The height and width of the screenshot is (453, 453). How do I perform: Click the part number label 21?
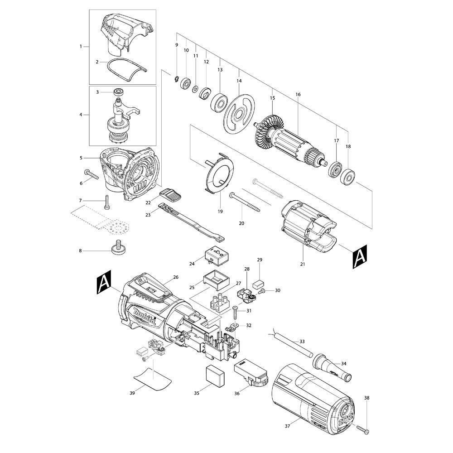303,264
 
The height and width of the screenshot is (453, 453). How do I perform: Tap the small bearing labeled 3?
118,92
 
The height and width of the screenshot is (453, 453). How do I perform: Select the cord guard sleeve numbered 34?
332,365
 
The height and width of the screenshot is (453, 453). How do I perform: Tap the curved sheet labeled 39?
153,379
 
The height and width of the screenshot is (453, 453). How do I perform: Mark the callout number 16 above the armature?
298,95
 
